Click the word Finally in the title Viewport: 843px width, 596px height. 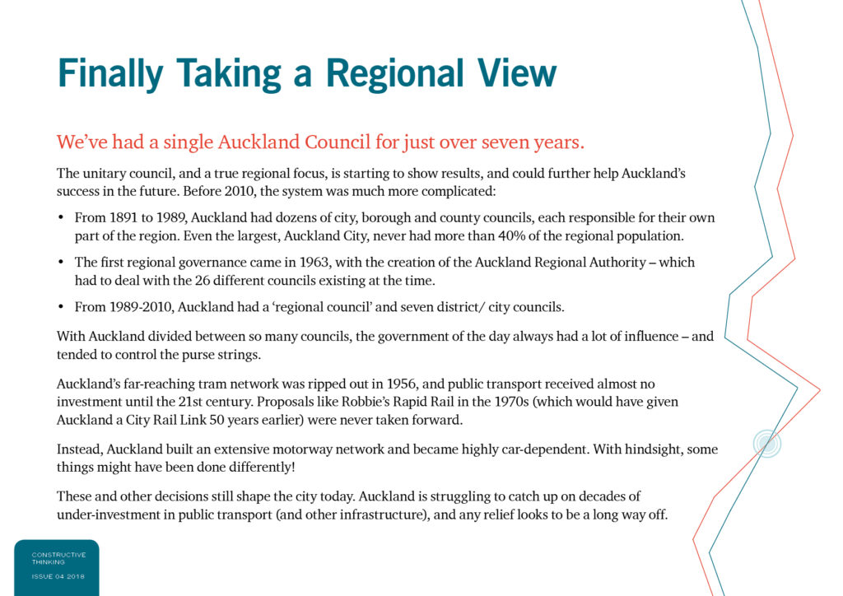tap(110, 74)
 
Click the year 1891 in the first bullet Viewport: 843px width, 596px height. tap(123, 217)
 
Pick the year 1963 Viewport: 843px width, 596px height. tap(314, 263)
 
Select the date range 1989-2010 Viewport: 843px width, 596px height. tap(141, 307)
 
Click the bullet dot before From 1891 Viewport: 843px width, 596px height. tap(61, 217)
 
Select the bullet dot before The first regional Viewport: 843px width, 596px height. tap(61, 263)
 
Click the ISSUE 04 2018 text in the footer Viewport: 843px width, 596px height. tap(58, 576)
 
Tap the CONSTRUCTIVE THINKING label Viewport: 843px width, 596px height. tap(58, 558)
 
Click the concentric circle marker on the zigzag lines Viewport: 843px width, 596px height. tap(767, 444)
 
